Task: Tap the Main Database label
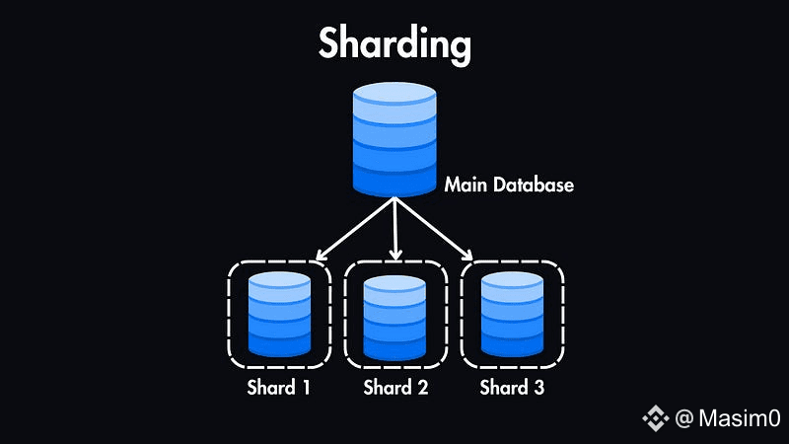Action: (509, 185)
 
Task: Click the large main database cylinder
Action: (394, 138)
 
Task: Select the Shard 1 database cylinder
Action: (279, 314)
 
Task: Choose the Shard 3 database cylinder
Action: (511, 314)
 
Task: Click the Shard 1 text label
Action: (279, 387)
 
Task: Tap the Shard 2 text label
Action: (395, 387)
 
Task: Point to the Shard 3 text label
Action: (512, 387)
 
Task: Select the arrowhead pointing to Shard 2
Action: (395, 257)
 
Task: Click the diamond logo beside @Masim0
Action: (656, 419)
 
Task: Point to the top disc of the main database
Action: (394, 94)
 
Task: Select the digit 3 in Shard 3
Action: (538, 387)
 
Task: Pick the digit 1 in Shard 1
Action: (306, 387)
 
